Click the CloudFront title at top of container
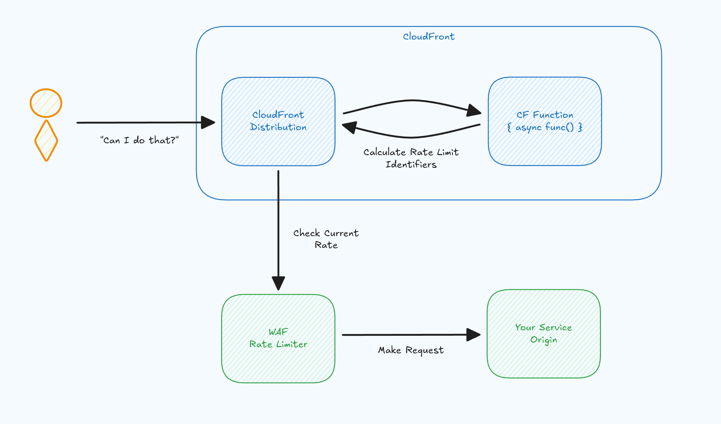(x=428, y=36)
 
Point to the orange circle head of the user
(x=46, y=103)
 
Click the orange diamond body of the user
(x=46, y=141)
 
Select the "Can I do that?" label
(x=139, y=140)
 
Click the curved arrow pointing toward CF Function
(x=412, y=101)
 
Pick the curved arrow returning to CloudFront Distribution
(x=412, y=136)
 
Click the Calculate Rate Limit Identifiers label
(x=411, y=158)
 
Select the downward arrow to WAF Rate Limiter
(x=278, y=227)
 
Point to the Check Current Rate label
(x=326, y=239)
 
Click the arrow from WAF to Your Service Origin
(x=410, y=335)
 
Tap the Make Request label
(x=411, y=350)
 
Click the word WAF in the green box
(x=278, y=332)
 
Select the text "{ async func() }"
(x=545, y=127)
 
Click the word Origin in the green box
(x=543, y=340)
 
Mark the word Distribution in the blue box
(x=278, y=127)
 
